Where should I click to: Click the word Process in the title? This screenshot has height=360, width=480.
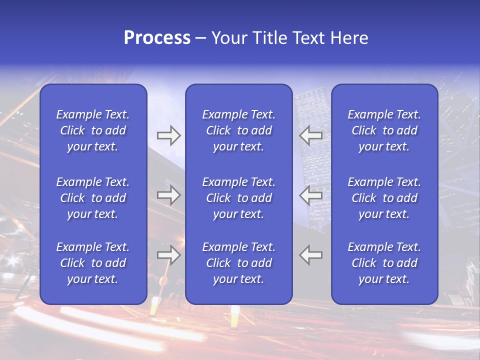coord(157,38)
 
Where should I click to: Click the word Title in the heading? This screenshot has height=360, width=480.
coord(267,38)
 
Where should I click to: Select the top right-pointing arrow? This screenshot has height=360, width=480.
coord(168,135)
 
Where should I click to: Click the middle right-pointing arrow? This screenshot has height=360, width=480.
coord(168,195)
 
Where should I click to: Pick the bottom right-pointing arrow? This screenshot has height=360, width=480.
coord(168,255)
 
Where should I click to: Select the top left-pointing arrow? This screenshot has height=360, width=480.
coord(311,135)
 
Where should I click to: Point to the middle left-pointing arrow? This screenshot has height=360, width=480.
coord(311,195)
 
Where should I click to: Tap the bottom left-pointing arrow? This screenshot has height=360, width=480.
coord(311,255)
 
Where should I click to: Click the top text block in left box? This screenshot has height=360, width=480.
coord(93,130)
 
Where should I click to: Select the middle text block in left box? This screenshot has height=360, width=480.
coord(93,198)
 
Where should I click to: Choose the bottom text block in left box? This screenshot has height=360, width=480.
coord(93,263)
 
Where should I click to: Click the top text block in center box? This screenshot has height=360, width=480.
coord(238,130)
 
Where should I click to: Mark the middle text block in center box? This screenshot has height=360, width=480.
coord(238,198)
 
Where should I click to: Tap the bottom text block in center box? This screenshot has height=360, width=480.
coord(238,263)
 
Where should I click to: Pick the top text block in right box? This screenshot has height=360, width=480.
coord(384,130)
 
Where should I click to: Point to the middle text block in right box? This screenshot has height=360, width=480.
coord(384,198)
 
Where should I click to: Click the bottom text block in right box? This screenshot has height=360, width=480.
coord(384,263)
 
